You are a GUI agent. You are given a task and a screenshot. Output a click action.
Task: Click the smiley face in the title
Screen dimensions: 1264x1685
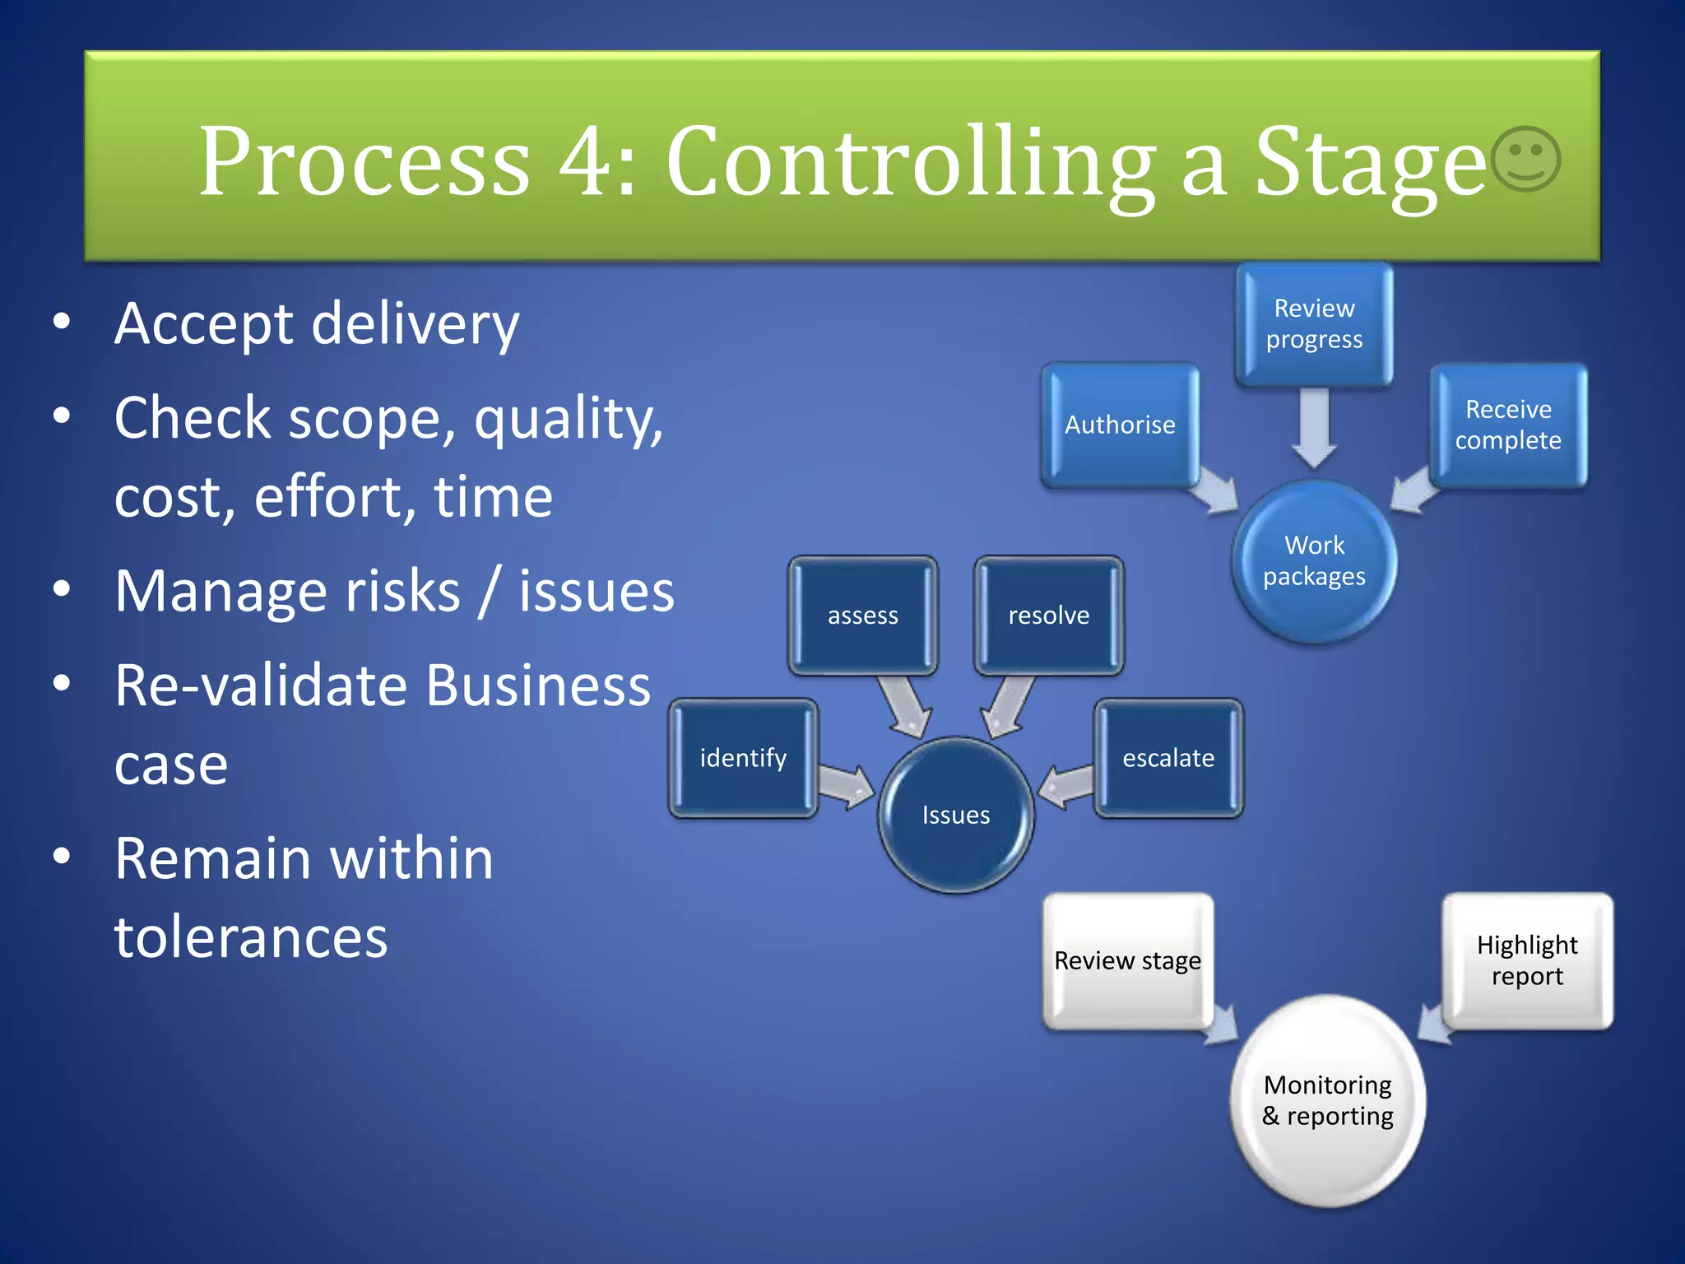coord(1525,159)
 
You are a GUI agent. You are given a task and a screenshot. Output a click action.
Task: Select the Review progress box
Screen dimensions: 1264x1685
coord(1314,324)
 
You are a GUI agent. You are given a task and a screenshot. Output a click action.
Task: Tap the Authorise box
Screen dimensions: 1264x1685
coord(1120,425)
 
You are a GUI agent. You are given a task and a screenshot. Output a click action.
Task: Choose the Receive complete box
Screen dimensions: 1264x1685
coord(1508,425)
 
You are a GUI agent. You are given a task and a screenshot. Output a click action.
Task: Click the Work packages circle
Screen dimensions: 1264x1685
coord(1314,561)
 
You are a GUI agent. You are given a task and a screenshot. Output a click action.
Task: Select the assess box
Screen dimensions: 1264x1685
coord(862,616)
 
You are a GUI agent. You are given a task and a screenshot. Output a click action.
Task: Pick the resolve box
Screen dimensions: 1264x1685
coord(1048,616)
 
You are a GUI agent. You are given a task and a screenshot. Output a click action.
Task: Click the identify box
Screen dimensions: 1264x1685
coord(743,758)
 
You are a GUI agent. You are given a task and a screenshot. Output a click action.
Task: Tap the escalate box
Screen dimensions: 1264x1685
coord(1168,758)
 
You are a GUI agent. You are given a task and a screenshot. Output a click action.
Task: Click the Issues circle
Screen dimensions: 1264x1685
coord(955,815)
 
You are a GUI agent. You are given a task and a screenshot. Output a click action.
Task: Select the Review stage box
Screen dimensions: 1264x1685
coord(1127,960)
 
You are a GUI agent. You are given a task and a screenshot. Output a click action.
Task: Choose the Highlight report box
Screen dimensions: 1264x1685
coord(1527,960)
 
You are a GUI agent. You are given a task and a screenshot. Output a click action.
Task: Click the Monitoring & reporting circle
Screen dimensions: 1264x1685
coord(1327,1100)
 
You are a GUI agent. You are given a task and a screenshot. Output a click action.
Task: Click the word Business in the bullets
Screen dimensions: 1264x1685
coord(539,685)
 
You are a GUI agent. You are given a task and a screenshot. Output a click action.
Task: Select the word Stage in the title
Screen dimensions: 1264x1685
coord(1370,161)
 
